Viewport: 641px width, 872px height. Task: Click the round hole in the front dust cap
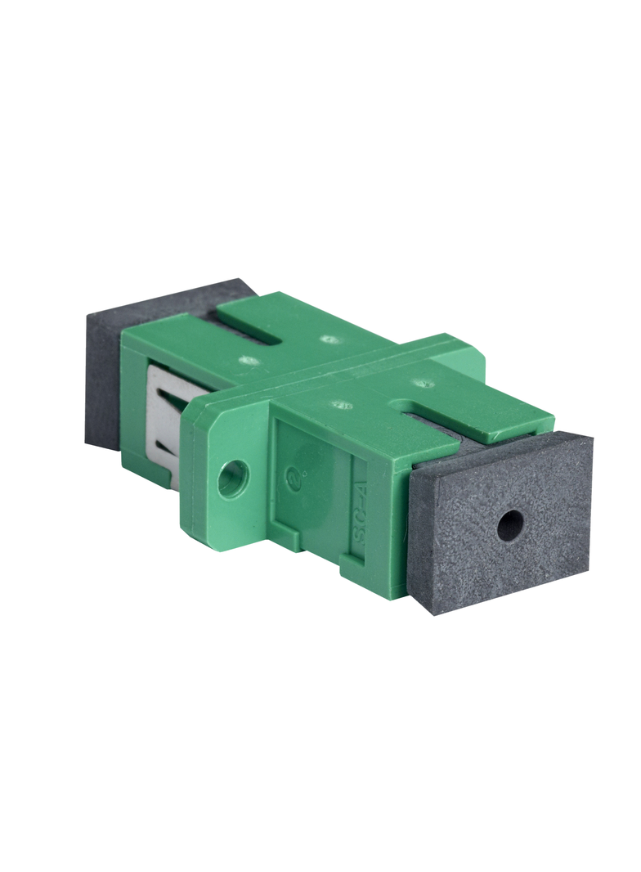pyautogui.click(x=510, y=526)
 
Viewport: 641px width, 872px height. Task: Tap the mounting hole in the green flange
pyautogui.click(x=232, y=478)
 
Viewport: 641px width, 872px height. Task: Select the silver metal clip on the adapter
pyautogui.click(x=164, y=425)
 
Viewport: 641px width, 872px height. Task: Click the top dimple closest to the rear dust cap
pyautogui.click(x=329, y=339)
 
